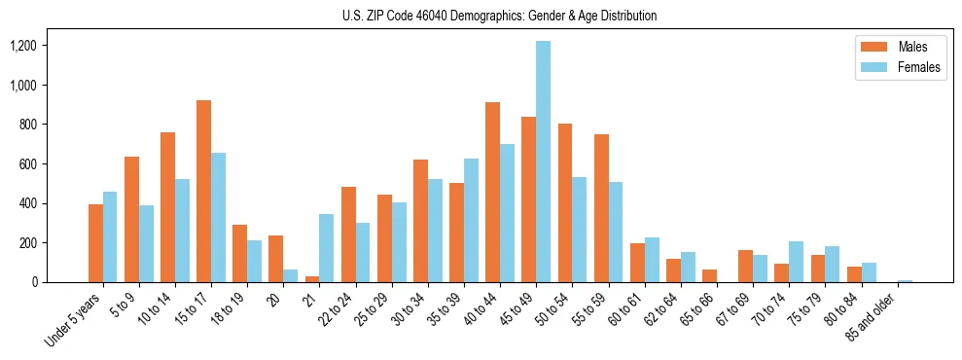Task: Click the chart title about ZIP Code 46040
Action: point(499,16)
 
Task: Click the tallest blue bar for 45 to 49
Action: point(543,162)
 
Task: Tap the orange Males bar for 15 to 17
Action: point(203,192)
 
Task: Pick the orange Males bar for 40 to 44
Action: point(492,193)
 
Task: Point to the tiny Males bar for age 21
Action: point(312,279)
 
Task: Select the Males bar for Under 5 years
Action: point(95,243)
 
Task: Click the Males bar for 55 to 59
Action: point(601,208)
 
